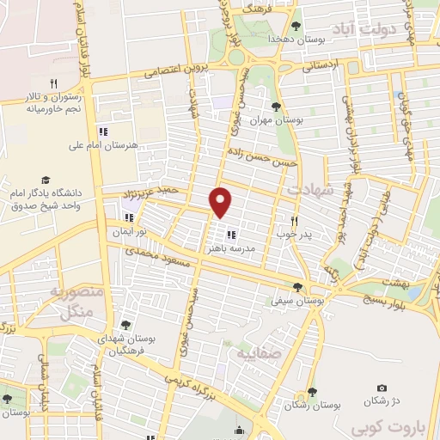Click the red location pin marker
[221, 201]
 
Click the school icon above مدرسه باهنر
[230, 234]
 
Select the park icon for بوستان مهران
[276, 107]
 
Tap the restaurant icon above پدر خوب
[296, 220]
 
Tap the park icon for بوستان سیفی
[298, 288]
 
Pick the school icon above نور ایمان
[130, 218]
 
